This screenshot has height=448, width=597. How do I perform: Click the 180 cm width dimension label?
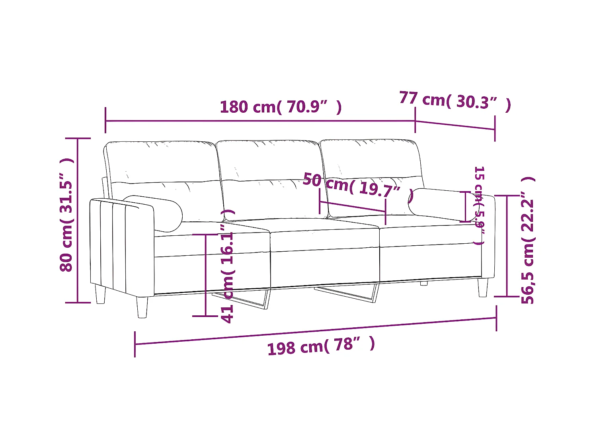(x=281, y=107)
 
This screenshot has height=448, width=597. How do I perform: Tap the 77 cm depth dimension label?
(x=455, y=101)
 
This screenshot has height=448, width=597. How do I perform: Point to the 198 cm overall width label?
(x=321, y=346)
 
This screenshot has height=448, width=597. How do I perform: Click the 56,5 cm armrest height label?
(x=528, y=240)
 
